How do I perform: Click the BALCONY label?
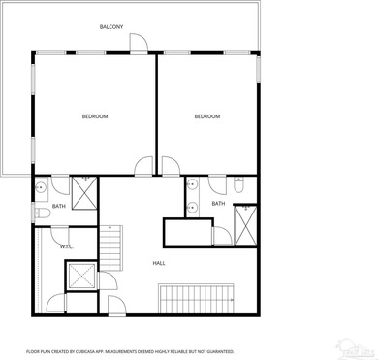point(110,27)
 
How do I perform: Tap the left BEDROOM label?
point(94,116)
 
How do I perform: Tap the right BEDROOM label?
point(206,116)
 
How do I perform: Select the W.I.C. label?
point(67,246)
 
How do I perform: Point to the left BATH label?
point(58,206)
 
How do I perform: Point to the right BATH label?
point(218,204)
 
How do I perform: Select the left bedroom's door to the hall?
point(143,166)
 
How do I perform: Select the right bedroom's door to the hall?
point(169,166)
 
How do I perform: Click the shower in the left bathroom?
point(84,195)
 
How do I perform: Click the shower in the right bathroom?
point(247,226)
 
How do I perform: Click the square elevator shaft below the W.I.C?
point(81,276)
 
